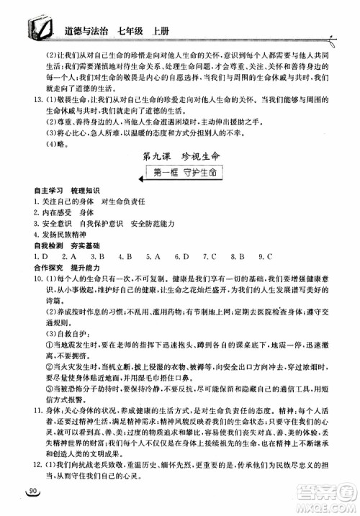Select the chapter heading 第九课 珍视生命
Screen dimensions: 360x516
tap(176, 157)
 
